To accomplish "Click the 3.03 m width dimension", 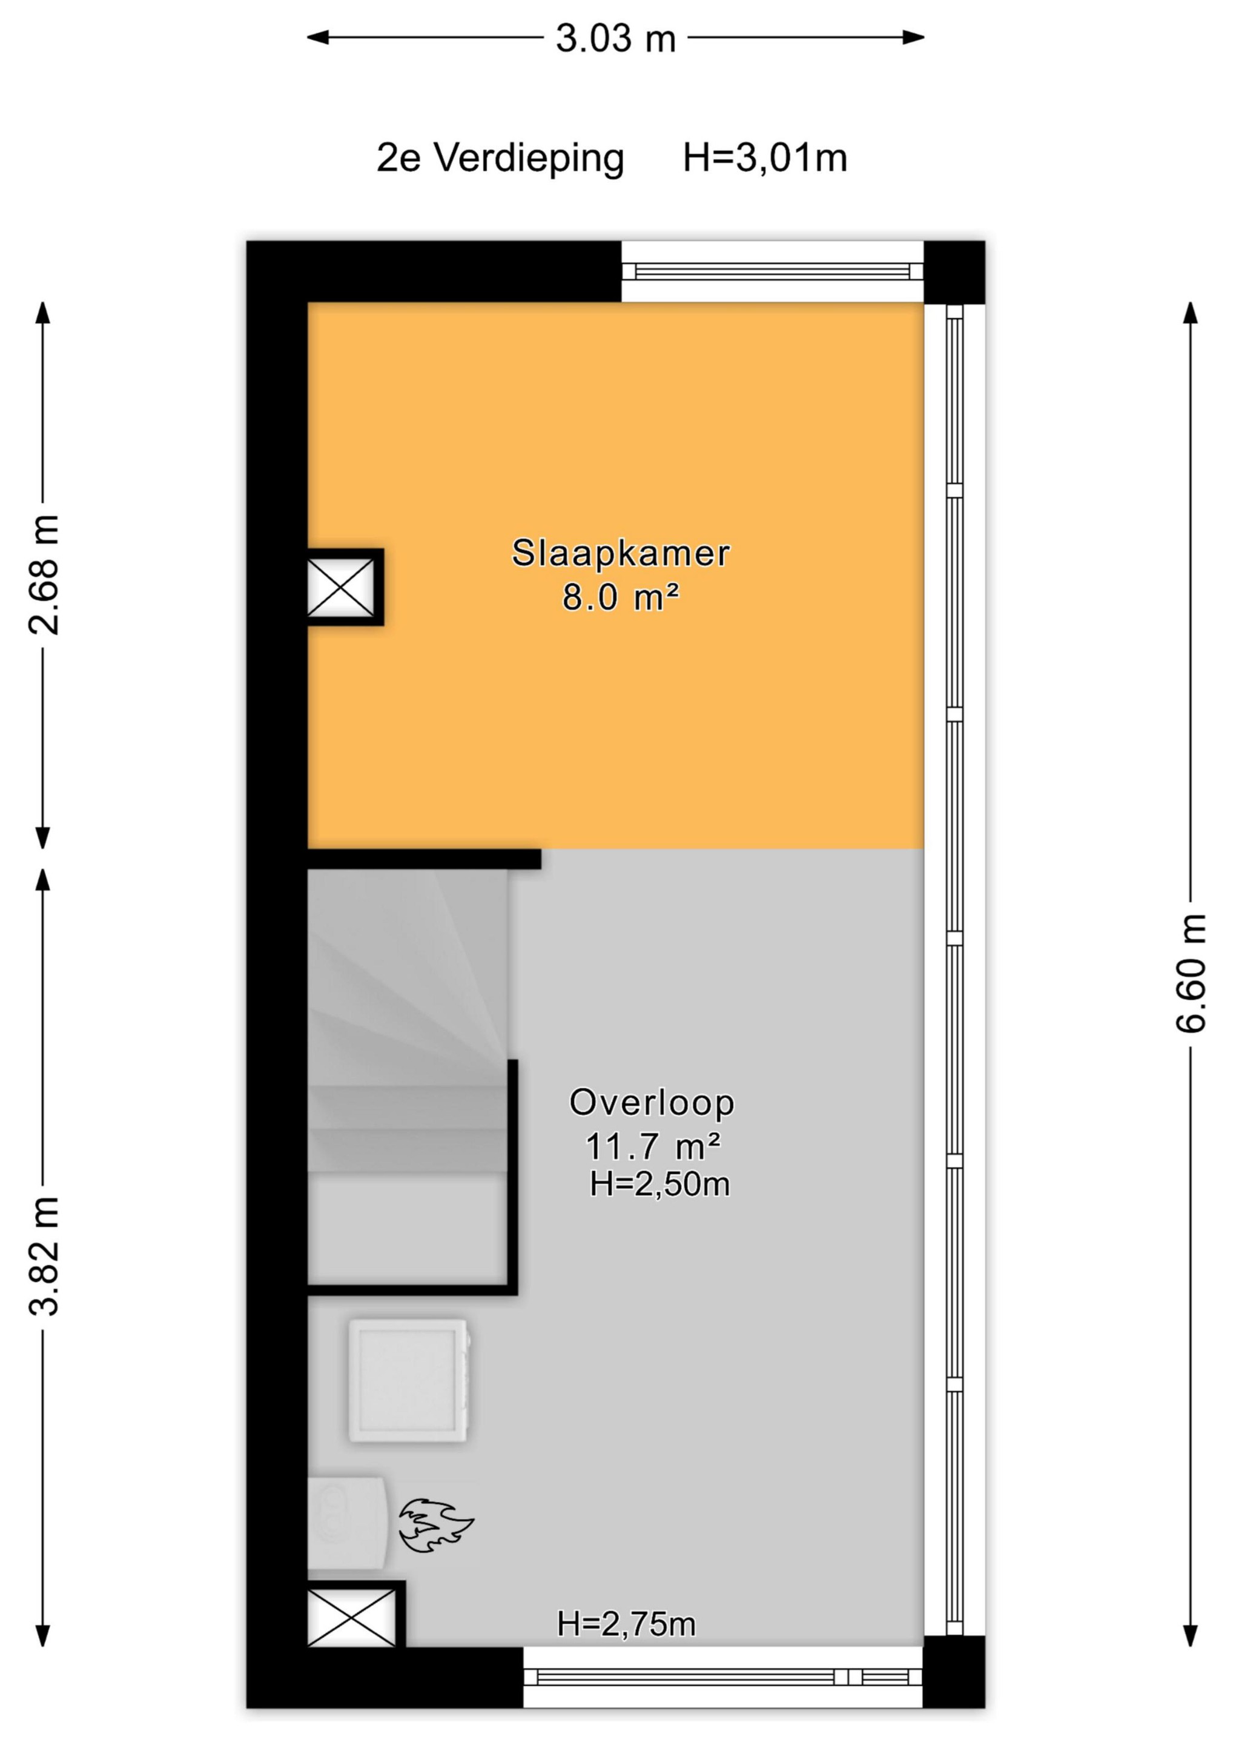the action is [x=615, y=38].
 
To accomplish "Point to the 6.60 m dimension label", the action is [x=1191, y=974].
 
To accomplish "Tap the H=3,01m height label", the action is [x=765, y=158].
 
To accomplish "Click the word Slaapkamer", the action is [x=621, y=553].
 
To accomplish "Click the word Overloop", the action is [x=652, y=1103].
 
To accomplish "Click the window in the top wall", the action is [x=772, y=272].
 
